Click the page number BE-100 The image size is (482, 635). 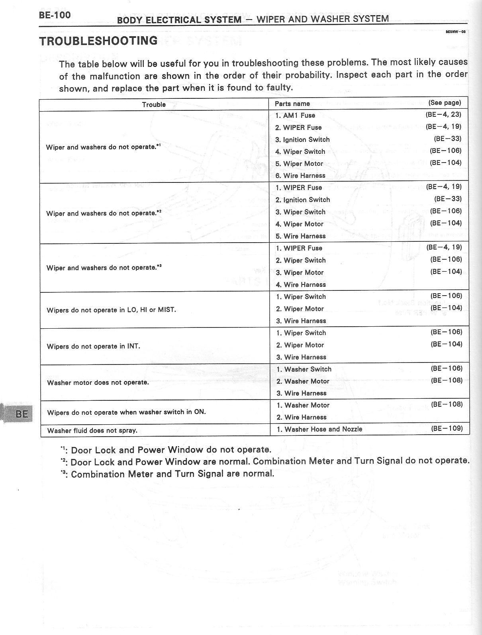55,15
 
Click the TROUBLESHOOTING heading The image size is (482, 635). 98,41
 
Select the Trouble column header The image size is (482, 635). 154,104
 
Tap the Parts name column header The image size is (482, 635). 292,104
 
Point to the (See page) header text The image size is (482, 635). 445,103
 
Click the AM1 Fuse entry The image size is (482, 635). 295,116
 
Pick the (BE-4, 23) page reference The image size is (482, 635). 443,115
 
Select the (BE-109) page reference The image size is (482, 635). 447,429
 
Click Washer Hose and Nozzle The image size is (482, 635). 319,429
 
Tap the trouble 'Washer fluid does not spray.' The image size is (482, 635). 92,430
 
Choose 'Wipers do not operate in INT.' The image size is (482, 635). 93,346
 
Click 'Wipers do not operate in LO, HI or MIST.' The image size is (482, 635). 111,310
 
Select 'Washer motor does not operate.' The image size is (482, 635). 98,382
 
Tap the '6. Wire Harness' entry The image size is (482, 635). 300,176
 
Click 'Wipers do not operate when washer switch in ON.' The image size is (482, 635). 126,412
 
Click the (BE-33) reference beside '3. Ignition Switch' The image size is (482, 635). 447,139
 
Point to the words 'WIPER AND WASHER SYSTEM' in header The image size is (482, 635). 323,19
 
